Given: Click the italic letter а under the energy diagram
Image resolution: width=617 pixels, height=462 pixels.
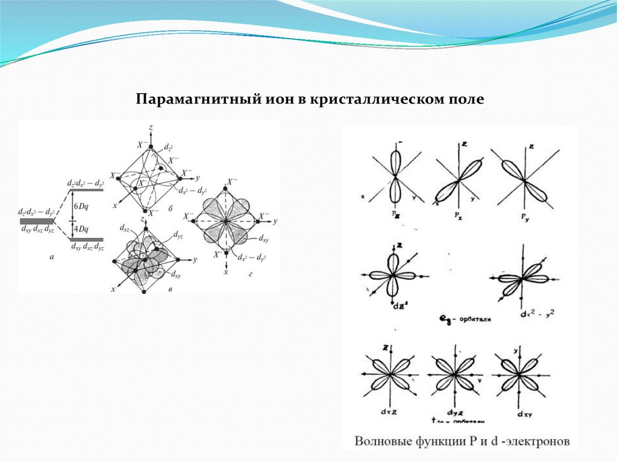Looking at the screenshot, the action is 51,257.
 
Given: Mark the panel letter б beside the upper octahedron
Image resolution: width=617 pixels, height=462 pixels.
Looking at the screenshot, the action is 171,208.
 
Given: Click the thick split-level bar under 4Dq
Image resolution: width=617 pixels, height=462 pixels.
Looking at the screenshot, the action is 87,239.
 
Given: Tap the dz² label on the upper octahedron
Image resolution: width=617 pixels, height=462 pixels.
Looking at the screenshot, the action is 170,147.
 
